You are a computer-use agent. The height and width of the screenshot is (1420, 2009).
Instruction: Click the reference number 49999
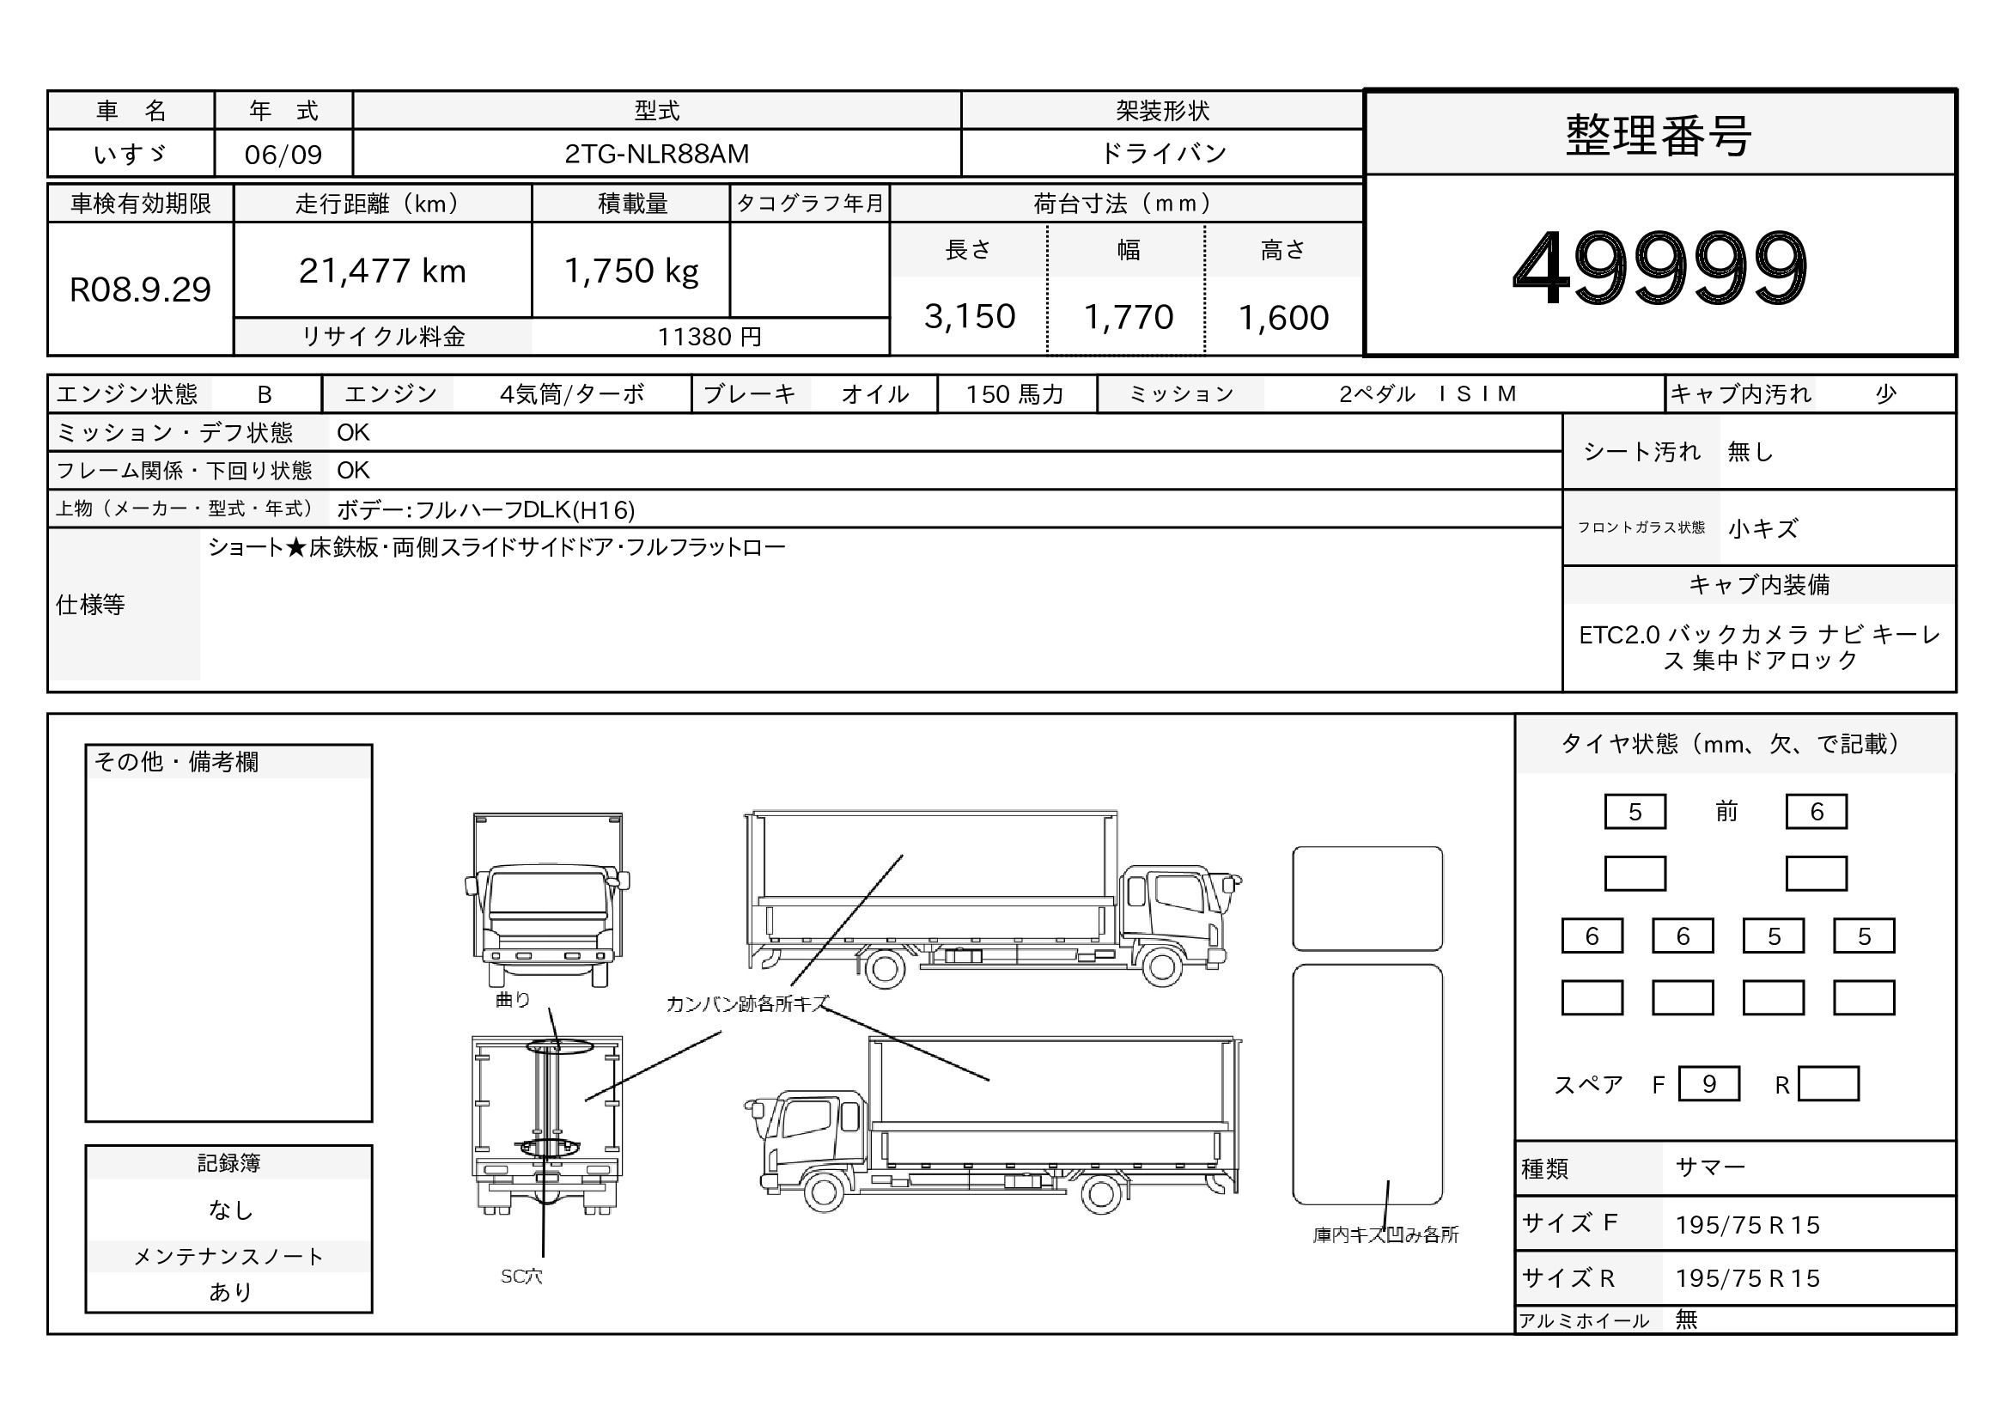click(x=1660, y=267)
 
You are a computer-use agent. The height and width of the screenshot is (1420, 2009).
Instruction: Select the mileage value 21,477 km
click(x=382, y=271)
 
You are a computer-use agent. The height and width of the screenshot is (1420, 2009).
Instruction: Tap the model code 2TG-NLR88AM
click(x=656, y=154)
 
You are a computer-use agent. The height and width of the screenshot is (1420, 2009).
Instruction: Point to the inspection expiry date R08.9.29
click(x=140, y=289)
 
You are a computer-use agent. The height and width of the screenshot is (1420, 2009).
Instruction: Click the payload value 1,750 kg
click(x=631, y=271)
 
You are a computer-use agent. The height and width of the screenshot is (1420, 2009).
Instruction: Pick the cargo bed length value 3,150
click(x=970, y=317)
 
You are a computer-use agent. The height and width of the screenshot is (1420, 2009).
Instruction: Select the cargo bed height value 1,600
click(x=1283, y=318)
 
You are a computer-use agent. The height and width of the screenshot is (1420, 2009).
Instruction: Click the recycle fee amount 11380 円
click(x=709, y=337)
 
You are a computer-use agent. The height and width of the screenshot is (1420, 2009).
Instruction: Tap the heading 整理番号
click(x=1659, y=136)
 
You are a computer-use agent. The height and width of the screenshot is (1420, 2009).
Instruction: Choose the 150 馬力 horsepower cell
click(x=1014, y=394)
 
